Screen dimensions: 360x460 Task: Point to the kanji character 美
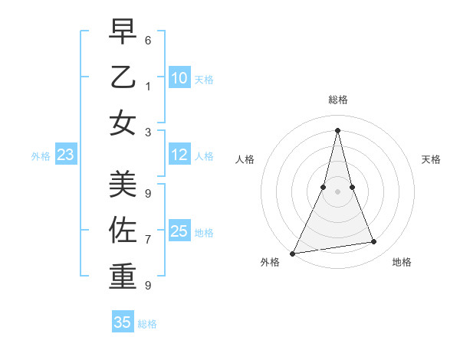[123, 183]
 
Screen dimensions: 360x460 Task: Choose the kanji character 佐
[123, 230]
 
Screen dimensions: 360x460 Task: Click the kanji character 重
[123, 276]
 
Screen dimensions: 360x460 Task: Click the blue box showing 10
[179, 78]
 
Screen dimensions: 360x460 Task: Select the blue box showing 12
[179, 155]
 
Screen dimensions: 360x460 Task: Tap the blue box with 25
[179, 231]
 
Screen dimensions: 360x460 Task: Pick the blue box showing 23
[65, 155]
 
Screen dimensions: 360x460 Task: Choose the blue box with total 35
[123, 322]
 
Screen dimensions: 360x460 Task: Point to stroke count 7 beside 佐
[148, 240]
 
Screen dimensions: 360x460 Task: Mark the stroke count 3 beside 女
[148, 132]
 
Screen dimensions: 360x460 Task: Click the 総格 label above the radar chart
[337, 100]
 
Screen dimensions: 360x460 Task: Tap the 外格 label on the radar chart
[270, 263]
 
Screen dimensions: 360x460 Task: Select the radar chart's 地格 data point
[374, 242]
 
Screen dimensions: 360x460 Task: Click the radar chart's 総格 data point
[337, 129]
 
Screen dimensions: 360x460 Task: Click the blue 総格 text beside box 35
[147, 324]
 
